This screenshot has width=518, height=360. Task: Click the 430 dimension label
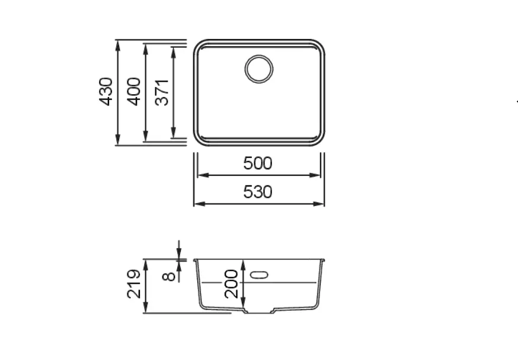(106, 92)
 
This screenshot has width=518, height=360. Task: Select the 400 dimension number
(134, 92)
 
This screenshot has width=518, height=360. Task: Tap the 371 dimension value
(162, 92)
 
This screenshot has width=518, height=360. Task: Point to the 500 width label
(258, 163)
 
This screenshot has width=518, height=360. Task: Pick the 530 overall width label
(258, 192)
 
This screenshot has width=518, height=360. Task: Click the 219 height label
(134, 284)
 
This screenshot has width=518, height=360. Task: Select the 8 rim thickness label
(169, 276)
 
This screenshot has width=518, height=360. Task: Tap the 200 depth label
(231, 284)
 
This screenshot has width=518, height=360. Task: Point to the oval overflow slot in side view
(260, 275)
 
